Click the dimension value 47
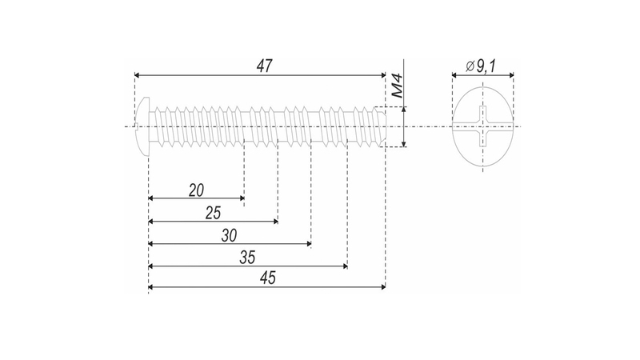[262, 66]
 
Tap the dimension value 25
[213, 213]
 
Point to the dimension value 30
[230, 236]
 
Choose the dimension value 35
[247, 258]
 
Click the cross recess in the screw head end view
[482, 126]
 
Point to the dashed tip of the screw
[382, 126]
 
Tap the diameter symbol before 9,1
[469, 66]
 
